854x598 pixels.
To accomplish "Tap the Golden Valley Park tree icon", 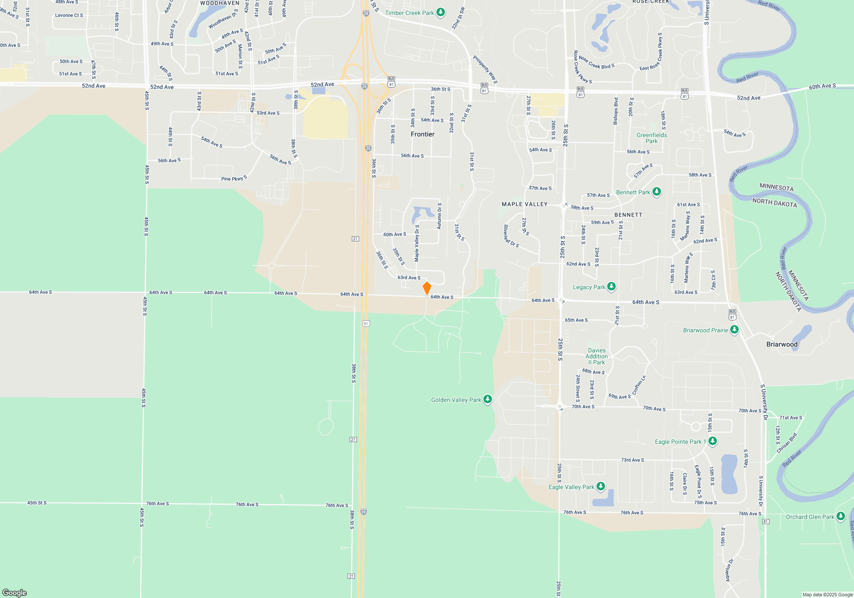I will coord(488,399).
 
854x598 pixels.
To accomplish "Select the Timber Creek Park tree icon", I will coord(441,12).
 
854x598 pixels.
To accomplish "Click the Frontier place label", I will coord(422,134).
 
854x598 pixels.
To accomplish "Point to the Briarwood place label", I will coord(782,344).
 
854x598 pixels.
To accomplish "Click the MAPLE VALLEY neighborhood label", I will coord(524,204).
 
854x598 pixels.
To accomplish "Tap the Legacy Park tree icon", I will coord(611,287).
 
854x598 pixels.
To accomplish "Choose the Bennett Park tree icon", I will coord(657,192).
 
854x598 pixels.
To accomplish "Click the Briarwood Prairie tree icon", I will coord(734,330).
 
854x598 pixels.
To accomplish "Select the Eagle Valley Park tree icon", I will coord(601,487).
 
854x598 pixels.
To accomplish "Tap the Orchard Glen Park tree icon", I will coord(841,516).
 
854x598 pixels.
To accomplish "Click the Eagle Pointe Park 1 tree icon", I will coord(713,441).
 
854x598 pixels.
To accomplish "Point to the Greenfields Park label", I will coord(652,138).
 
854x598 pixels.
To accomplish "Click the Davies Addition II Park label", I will coord(597,356).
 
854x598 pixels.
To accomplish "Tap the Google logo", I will coord(15,592).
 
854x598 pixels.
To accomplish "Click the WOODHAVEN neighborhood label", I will coord(220,3).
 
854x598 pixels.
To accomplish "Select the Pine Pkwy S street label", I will coord(234,179).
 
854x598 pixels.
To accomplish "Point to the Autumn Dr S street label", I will coord(439,216).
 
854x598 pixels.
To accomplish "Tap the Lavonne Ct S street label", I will coord(69,15).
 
